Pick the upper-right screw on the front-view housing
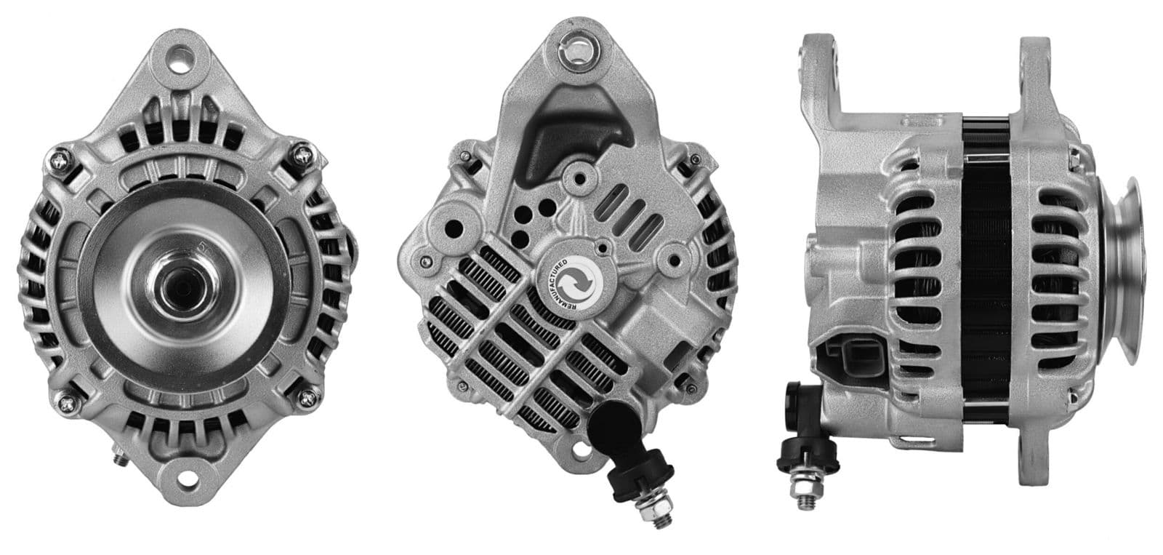[301, 154]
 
